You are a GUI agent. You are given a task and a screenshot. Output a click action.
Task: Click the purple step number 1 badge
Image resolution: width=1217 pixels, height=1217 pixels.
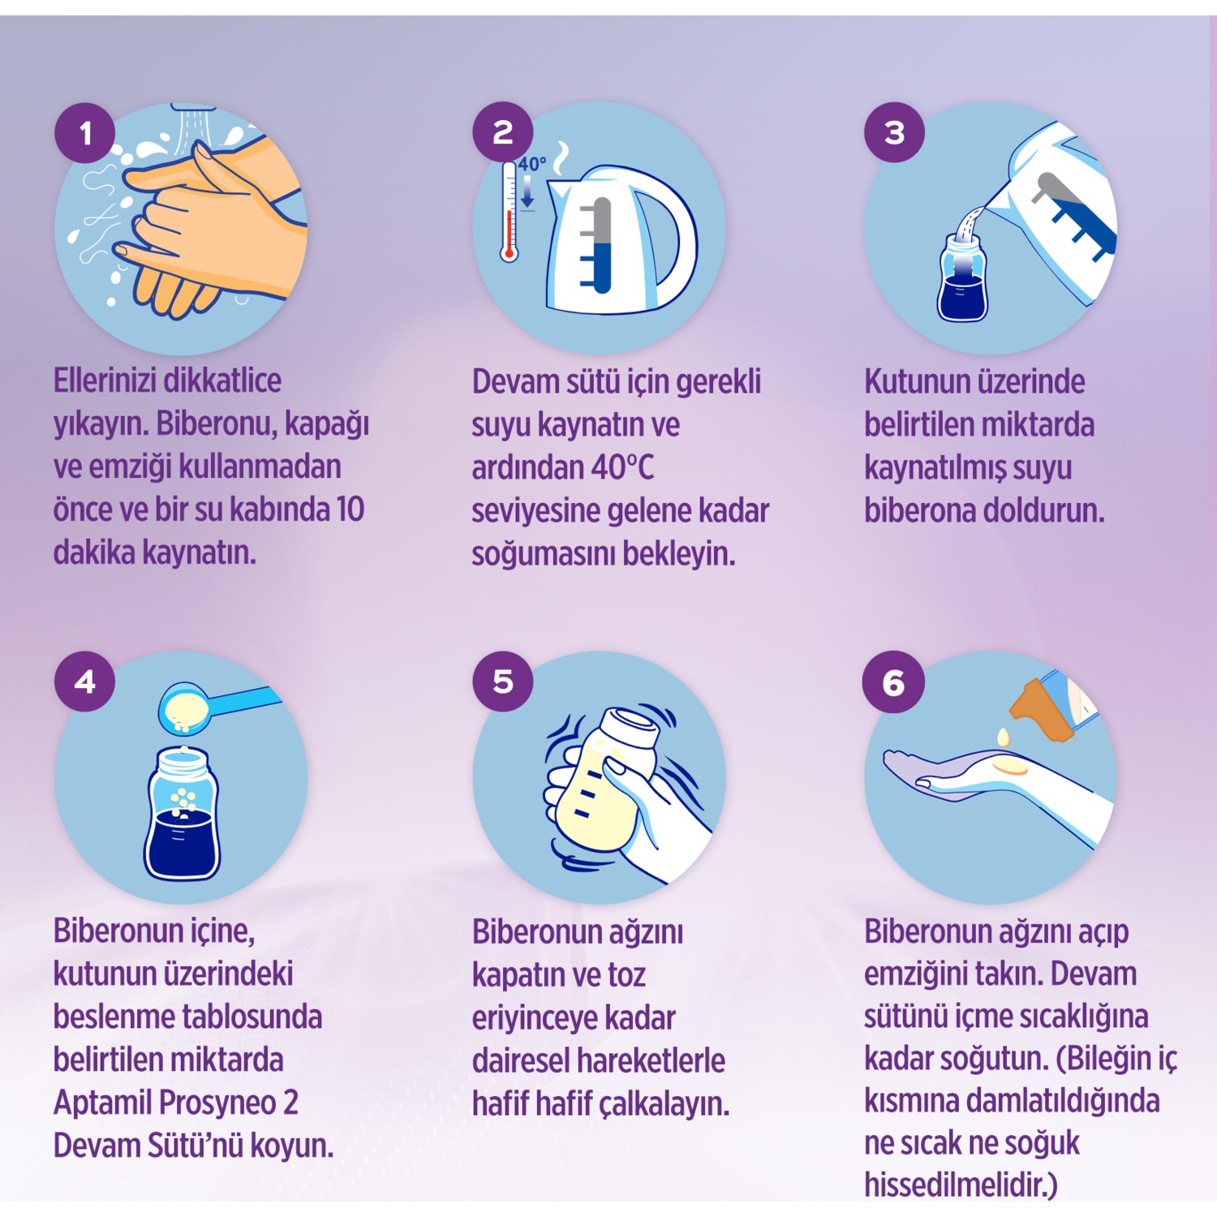(85, 132)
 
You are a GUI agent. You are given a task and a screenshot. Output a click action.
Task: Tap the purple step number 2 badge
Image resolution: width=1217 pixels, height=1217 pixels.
(503, 131)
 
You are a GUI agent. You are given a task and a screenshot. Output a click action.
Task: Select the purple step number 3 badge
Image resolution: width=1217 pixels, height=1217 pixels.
(894, 132)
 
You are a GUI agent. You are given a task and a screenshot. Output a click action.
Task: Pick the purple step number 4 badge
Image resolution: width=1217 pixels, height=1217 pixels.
(85, 682)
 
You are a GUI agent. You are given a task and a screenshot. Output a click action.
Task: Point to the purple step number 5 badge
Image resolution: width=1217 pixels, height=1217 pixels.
(503, 681)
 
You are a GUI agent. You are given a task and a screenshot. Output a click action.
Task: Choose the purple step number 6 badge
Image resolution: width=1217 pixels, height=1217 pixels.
(893, 682)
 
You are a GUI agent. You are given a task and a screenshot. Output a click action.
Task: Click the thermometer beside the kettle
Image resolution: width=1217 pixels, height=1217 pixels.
(509, 211)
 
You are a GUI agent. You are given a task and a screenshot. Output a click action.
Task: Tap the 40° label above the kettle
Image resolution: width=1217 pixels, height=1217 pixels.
(532, 165)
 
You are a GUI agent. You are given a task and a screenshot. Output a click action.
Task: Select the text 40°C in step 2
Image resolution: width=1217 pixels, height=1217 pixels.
(622, 467)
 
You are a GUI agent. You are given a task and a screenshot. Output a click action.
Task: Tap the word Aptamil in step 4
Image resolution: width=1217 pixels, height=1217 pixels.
(103, 1103)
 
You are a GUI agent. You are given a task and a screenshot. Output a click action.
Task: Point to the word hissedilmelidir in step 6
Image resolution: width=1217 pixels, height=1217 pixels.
(961, 1185)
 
